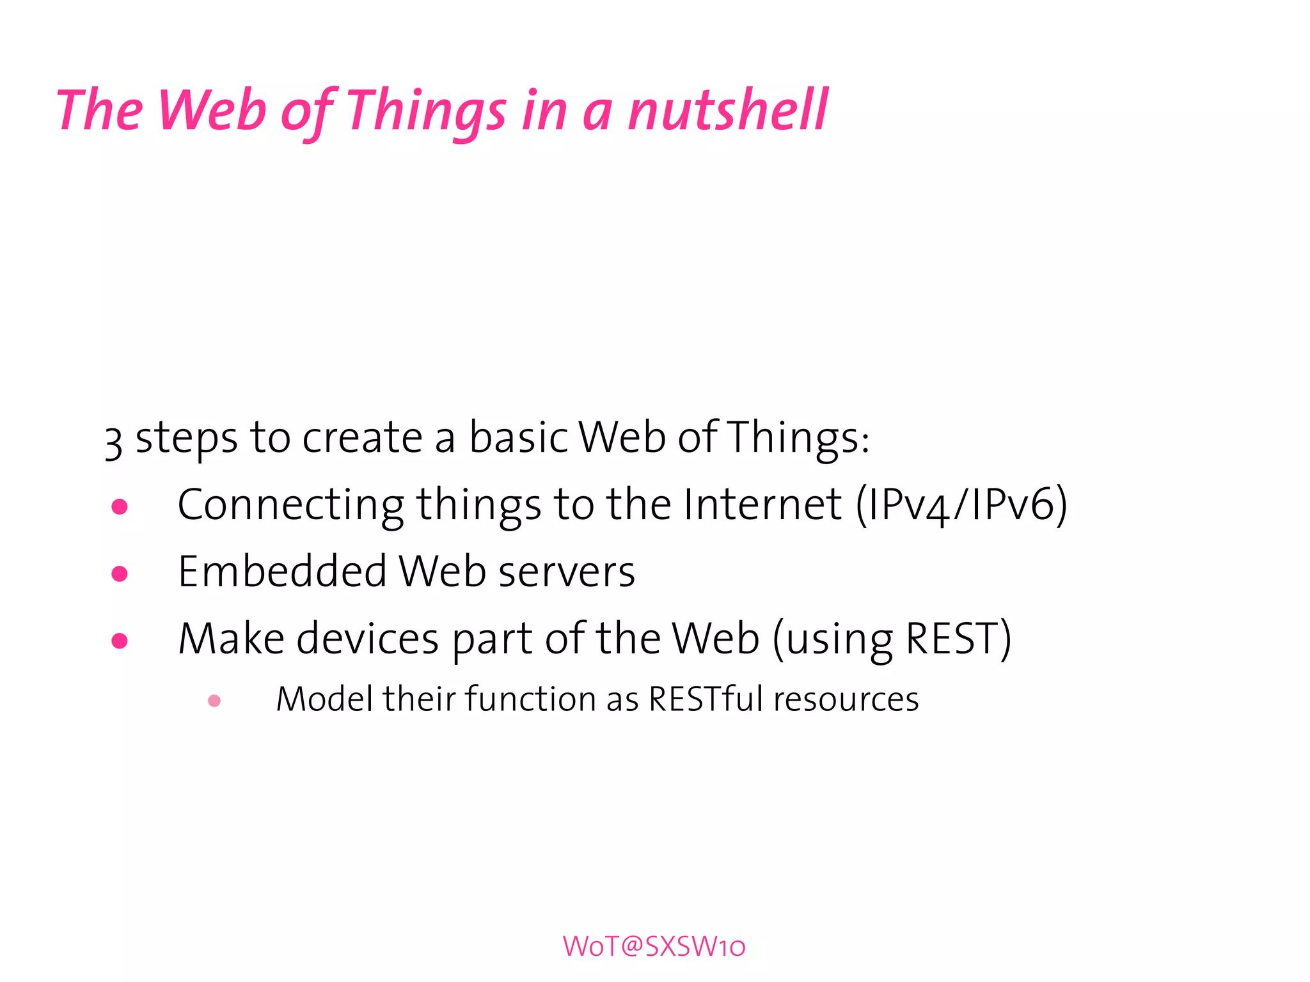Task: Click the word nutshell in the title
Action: (x=727, y=110)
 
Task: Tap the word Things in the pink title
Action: (x=426, y=112)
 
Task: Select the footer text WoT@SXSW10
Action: (x=654, y=946)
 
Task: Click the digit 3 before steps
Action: (x=113, y=442)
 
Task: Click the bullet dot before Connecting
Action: (x=120, y=507)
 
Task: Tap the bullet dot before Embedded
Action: (x=120, y=573)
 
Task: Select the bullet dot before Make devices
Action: (x=120, y=640)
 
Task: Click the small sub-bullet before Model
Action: (x=214, y=701)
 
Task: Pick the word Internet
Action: (x=762, y=504)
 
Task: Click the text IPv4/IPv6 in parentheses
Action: (x=961, y=505)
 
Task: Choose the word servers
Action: (x=566, y=572)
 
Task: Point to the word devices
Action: (x=367, y=639)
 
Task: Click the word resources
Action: (x=846, y=699)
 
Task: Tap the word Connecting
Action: (x=290, y=506)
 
